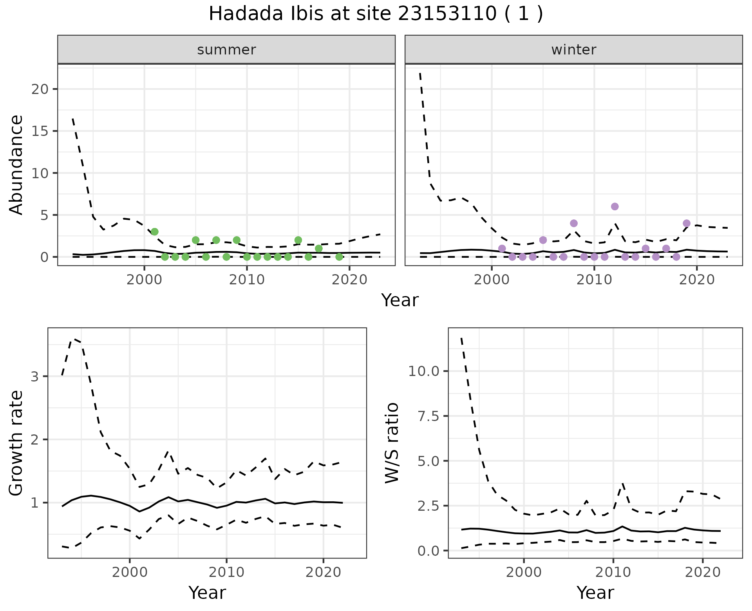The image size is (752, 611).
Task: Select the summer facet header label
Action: click(226, 50)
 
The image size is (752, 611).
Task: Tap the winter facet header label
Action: click(573, 50)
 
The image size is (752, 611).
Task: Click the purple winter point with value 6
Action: click(615, 206)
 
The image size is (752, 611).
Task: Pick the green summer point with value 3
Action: click(155, 231)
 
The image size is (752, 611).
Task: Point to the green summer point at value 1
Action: click(318, 248)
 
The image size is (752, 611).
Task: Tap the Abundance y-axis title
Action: click(16, 164)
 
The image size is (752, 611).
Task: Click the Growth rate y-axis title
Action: click(16, 443)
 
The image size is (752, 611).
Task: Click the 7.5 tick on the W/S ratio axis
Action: click(429, 416)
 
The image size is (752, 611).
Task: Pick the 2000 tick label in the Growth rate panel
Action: click(130, 572)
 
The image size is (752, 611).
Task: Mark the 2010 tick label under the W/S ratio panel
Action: click(613, 572)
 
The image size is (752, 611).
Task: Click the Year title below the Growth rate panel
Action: click(207, 593)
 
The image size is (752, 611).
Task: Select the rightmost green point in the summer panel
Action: click(339, 257)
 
